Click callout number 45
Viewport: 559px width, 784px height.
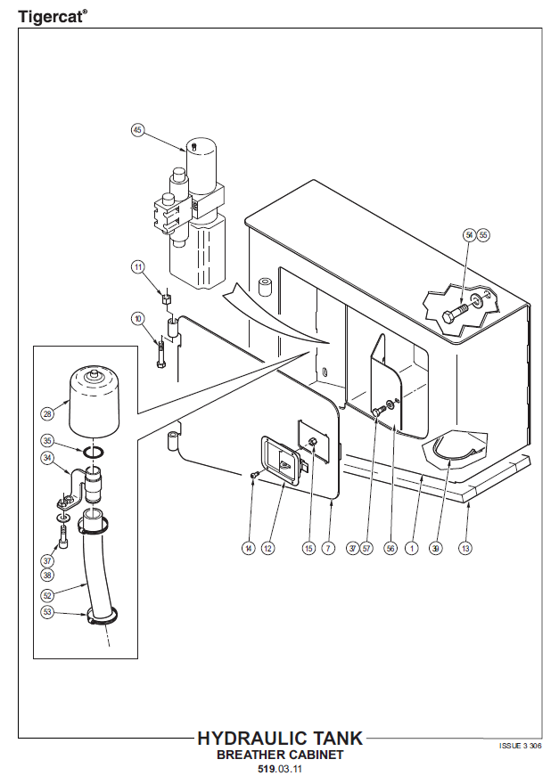coord(136,129)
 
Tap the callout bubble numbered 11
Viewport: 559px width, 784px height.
coord(138,266)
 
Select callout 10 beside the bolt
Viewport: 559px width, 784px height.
coord(138,318)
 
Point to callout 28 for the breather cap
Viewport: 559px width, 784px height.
coord(47,413)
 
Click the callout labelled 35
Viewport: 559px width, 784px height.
coord(47,441)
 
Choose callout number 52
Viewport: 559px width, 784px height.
coord(47,594)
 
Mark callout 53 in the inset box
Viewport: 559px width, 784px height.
coord(47,612)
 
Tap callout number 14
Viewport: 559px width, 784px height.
coord(249,549)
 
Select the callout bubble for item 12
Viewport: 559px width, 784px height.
coord(267,549)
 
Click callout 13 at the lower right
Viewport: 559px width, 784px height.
coord(464,549)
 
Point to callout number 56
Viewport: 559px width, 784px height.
coord(390,549)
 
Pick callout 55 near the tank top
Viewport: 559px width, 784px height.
coord(483,234)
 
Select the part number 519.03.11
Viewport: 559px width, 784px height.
coord(280,769)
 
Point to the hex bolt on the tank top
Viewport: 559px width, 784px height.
coord(456,314)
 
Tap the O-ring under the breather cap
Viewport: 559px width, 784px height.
coord(90,452)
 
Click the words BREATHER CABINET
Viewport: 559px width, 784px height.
coord(280,754)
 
